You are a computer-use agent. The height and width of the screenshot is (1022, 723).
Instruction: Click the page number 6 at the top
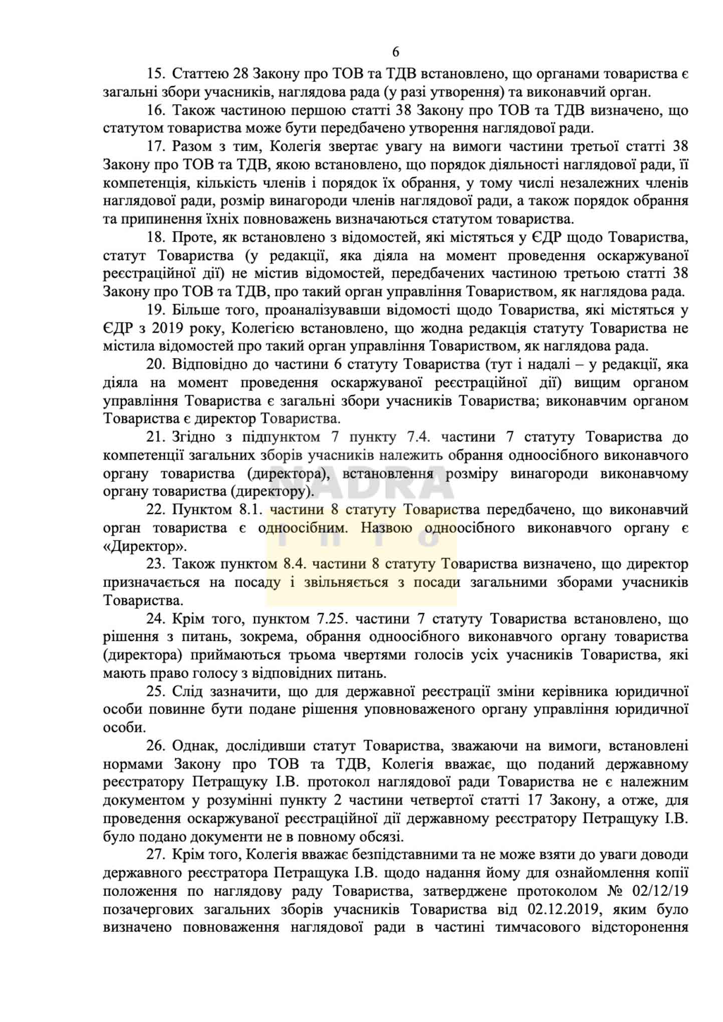[x=395, y=52]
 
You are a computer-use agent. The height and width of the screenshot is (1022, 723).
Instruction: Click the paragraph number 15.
[x=155, y=74]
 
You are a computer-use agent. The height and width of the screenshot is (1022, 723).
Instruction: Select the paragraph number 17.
[x=155, y=146]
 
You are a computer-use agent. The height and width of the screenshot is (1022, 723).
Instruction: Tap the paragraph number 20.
[x=155, y=364]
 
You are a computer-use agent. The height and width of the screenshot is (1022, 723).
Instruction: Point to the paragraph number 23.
[x=155, y=564]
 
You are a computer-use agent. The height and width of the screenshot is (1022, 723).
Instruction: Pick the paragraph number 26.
[x=155, y=745]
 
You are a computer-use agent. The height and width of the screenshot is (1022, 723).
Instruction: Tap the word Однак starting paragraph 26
[x=195, y=745]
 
